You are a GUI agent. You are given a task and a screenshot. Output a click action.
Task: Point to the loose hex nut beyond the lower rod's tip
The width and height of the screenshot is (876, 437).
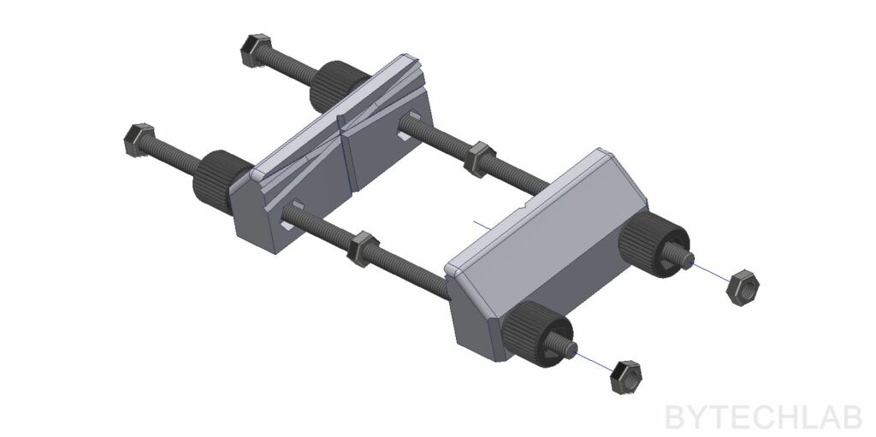click(625, 377)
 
